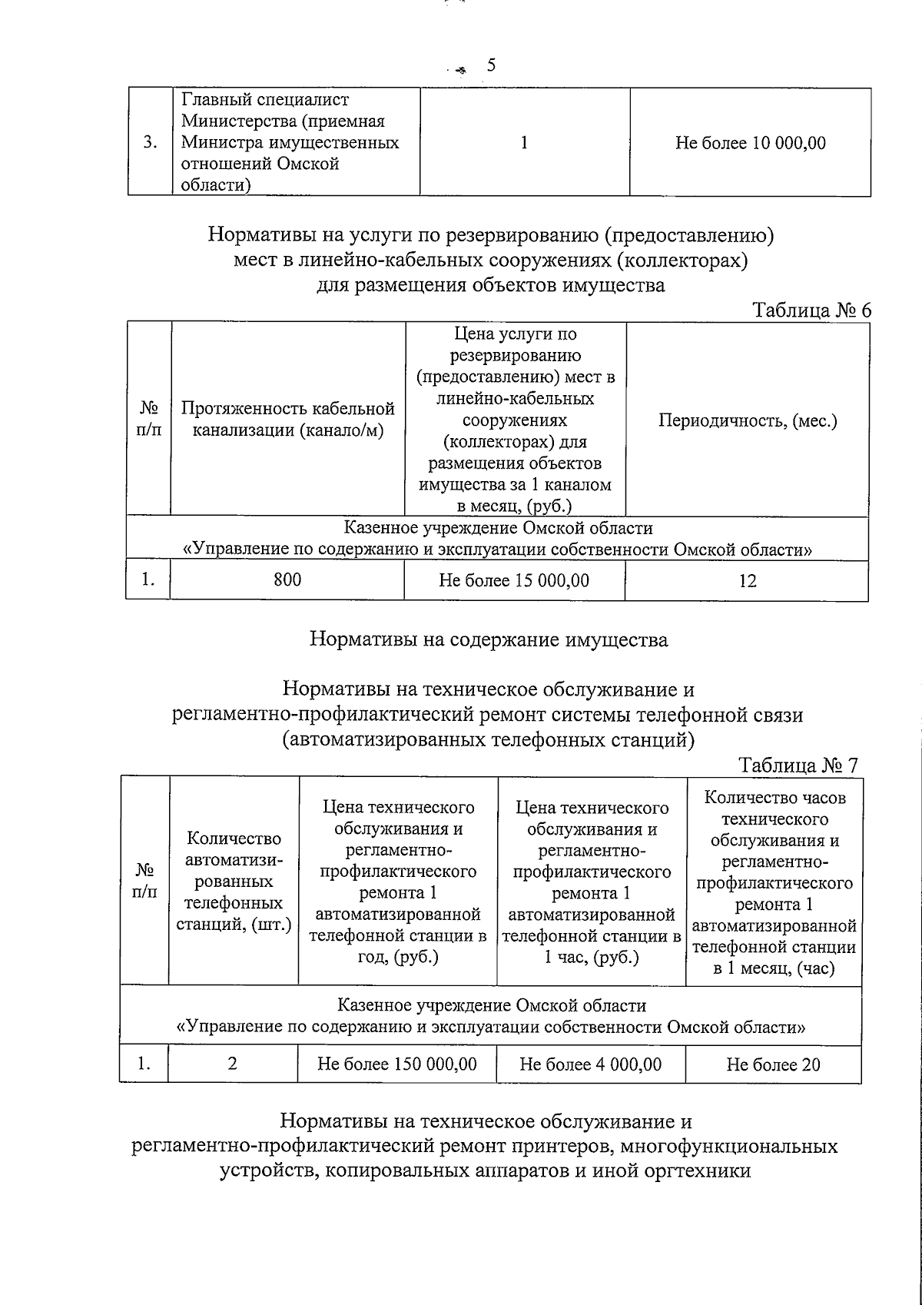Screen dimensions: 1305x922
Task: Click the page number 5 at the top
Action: tap(491, 65)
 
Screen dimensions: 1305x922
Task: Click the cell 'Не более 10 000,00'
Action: tap(750, 143)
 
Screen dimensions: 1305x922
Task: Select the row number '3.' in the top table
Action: tap(151, 143)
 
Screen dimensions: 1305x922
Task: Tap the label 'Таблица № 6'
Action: tap(812, 310)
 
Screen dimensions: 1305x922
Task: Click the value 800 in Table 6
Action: tap(287, 580)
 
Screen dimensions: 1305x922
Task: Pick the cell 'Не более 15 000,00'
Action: tap(514, 580)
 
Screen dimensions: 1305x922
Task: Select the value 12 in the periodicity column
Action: tap(747, 581)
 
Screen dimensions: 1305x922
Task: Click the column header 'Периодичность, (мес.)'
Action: tap(747, 421)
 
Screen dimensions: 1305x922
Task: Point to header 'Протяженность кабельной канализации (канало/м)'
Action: tap(287, 420)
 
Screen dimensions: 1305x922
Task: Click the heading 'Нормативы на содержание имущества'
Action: tap(489, 639)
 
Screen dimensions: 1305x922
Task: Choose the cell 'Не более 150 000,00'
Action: tap(397, 1064)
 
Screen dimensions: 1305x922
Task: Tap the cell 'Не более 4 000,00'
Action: tap(590, 1064)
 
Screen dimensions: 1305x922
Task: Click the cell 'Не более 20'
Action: tap(773, 1065)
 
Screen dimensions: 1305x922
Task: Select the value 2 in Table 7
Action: tap(233, 1064)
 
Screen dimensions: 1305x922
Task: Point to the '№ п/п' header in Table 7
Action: tap(144, 881)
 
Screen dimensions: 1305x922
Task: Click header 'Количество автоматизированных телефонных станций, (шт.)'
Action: tap(234, 881)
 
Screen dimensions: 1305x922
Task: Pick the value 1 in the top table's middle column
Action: tap(524, 143)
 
